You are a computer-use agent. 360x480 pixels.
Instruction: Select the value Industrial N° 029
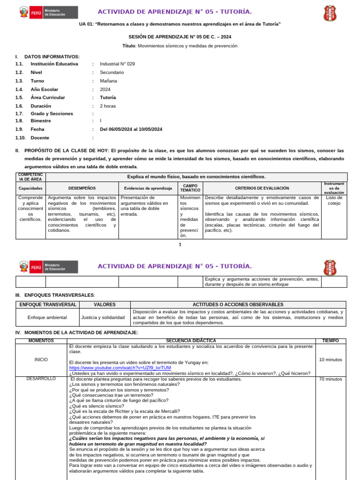coord(117,64)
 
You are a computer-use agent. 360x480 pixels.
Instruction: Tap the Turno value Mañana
coord(108,81)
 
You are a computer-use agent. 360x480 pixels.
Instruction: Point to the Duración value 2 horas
coord(108,106)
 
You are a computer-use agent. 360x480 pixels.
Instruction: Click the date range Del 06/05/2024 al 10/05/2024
coord(131,129)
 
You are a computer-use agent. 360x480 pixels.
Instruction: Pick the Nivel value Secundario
coord(112,73)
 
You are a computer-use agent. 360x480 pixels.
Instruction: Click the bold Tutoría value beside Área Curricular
coord(108,98)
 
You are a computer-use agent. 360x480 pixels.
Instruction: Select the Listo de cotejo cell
coord(334,201)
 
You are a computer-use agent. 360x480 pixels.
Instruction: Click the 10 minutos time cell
coord(330,360)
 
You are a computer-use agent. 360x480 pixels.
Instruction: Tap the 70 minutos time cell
coord(330,379)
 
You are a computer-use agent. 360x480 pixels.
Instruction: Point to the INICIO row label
coord(41,360)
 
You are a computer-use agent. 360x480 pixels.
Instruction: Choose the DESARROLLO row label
coord(41,379)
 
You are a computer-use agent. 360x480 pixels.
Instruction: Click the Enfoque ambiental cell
coord(47,317)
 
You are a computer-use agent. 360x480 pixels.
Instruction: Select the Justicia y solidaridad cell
coord(103,317)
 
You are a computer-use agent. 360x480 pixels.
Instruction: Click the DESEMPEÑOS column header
coord(82,188)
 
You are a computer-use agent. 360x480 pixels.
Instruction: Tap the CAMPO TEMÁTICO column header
coord(190,188)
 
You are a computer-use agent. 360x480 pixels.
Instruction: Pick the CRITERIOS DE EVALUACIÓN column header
coord(262,188)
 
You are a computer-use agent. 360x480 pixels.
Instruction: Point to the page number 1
coord(180,245)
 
